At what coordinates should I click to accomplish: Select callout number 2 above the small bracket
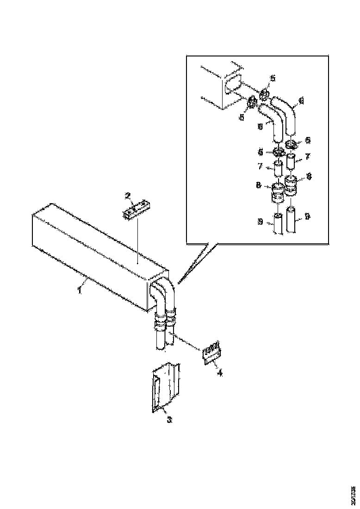point(129,196)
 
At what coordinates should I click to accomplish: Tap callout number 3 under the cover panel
point(169,420)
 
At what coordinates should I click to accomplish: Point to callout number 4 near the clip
point(220,372)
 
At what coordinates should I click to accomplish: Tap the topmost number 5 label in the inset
point(273,78)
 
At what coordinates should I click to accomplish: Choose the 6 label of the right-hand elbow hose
point(301,99)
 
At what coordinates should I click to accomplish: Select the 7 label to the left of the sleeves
point(261,166)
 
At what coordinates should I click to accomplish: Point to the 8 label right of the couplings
point(309,176)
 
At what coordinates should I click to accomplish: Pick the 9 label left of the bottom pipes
point(261,223)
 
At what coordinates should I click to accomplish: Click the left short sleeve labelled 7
point(279,168)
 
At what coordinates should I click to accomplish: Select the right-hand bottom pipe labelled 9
point(292,221)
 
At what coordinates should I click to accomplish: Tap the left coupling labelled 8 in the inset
point(278,192)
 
